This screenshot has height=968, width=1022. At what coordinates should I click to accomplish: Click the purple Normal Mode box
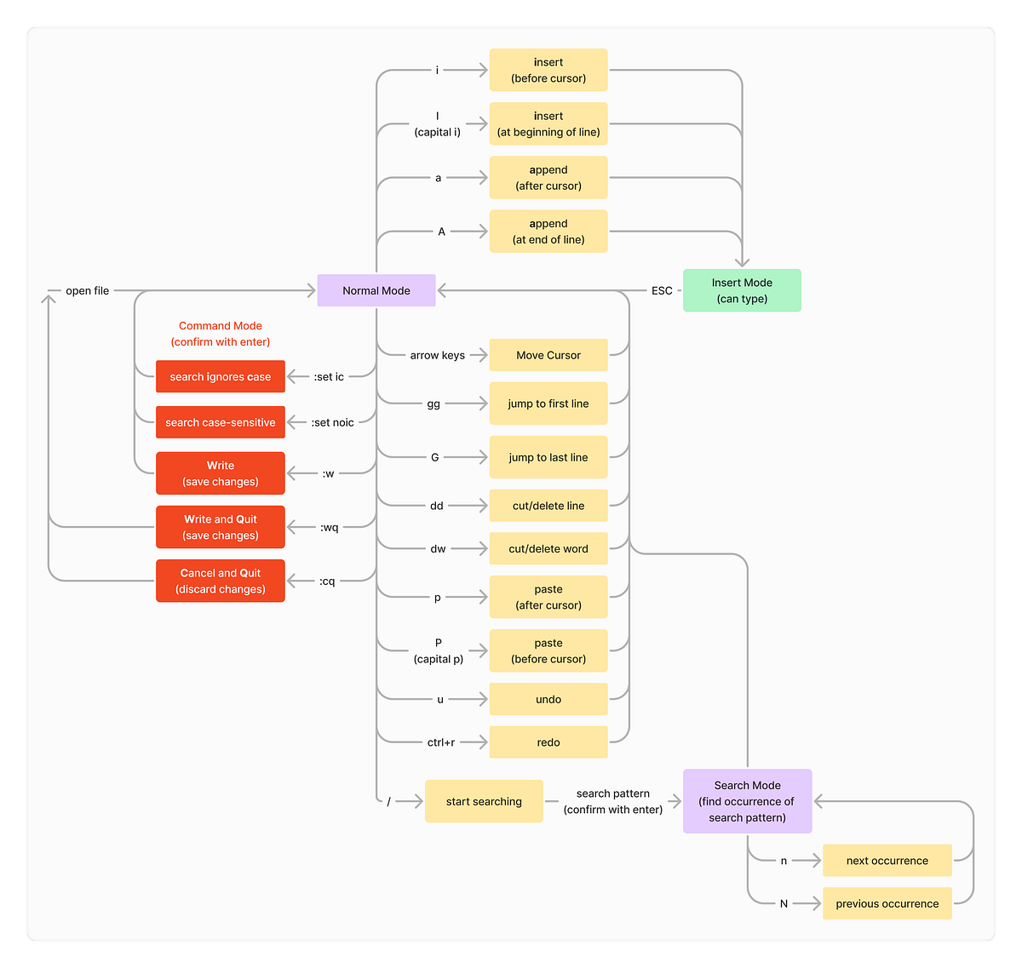tap(376, 290)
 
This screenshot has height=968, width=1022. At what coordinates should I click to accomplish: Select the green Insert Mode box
tap(742, 290)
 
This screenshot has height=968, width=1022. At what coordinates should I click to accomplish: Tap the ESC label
tap(662, 290)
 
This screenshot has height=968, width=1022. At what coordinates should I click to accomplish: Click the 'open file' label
tap(88, 290)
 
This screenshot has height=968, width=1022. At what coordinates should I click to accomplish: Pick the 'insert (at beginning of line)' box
tap(548, 123)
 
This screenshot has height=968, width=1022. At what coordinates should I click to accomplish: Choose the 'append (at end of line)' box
tap(548, 232)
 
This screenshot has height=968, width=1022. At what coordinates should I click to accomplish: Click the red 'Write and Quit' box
tap(221, 527)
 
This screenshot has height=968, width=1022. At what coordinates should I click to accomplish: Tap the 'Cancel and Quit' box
tap(221, 581)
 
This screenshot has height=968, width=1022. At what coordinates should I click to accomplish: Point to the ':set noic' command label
tap(332, 422)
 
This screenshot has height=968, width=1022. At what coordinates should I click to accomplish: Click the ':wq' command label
tap(329, 527)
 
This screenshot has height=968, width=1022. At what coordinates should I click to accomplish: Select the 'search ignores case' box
tap(221, 376)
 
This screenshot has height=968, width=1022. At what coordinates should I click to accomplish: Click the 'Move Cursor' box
tap(548, 355)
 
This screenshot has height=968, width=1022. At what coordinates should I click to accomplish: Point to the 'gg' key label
tap(433, 404)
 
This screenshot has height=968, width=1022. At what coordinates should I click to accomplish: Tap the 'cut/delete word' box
tap(548, 548)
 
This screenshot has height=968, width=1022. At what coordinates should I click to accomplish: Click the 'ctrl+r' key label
tap(441, 742)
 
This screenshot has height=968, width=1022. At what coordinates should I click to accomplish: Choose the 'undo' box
tap(548, 699)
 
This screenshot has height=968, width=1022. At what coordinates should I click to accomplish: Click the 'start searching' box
tap(484, 801)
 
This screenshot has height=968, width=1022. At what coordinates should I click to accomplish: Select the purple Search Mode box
tap(748, 801)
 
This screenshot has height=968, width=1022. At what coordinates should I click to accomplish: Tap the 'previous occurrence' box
tap(887, 903)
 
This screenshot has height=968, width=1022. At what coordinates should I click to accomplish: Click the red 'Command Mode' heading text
tap(221, 326)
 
